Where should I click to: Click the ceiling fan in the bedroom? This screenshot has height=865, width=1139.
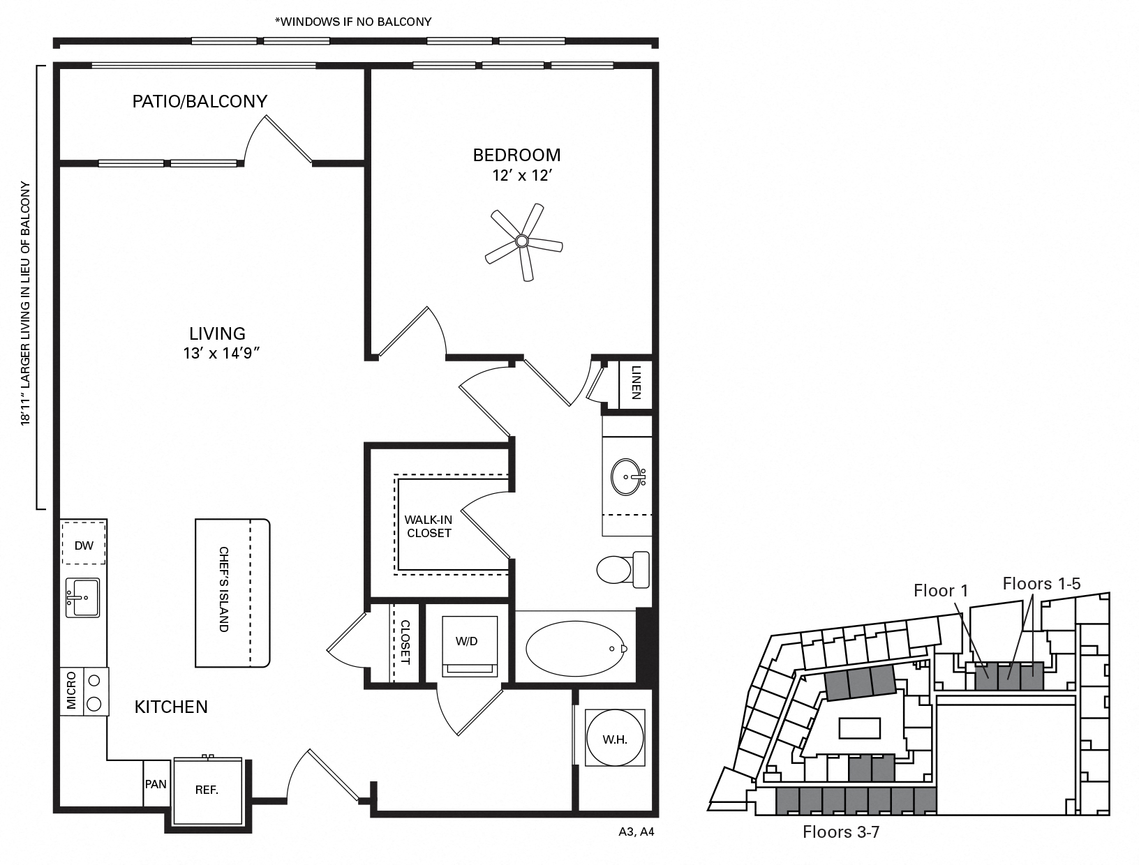pos(522,241)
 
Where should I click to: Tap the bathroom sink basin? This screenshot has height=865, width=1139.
pos(626,477)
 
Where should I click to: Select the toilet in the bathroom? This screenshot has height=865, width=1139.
pos(621,569)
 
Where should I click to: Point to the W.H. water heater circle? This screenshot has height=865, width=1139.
pos(615,739)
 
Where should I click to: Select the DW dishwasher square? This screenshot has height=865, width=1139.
pos(84,546)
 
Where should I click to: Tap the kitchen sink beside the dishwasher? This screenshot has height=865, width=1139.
pos(82,597)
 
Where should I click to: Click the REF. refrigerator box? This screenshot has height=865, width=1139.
pos(207,790)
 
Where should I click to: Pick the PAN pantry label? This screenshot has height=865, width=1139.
pos(156,784)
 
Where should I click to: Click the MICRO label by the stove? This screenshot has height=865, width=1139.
pos(71,691)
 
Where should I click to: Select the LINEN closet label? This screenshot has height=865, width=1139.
pos(636,383)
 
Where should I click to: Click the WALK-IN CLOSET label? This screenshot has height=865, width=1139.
pos(429,526)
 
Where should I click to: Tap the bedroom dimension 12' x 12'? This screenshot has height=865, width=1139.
pos(522,176)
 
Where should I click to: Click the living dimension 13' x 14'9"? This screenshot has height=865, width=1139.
pos(221,354)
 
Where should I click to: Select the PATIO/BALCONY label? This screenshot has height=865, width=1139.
pos(200,102)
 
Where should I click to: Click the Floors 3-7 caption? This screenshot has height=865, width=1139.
pos(840,832)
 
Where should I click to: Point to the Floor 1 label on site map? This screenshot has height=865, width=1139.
pos(941,591)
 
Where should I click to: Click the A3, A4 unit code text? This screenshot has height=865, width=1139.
pos(636,832)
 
